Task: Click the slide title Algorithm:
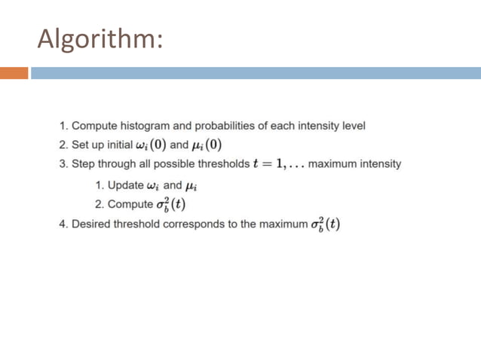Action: (99, 38)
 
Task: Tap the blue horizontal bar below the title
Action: (256, 73)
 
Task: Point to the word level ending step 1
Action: (353, 126)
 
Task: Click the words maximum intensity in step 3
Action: (355, 163)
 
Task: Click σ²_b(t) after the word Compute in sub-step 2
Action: (170, 205)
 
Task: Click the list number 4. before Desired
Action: (63, 225)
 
